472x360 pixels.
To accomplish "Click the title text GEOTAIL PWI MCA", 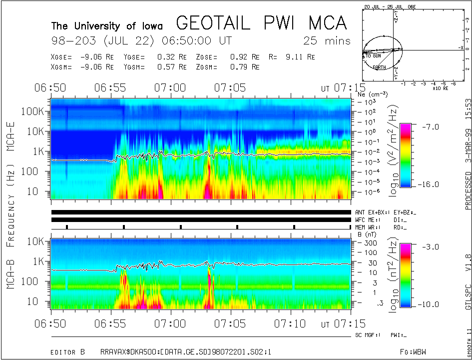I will (x=262, y=23).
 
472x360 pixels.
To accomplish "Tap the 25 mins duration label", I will (x=327, y=40).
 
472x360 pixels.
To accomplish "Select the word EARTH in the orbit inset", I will (x=379, y=67).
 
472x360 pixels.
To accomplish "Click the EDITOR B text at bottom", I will (x=68, y=338).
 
